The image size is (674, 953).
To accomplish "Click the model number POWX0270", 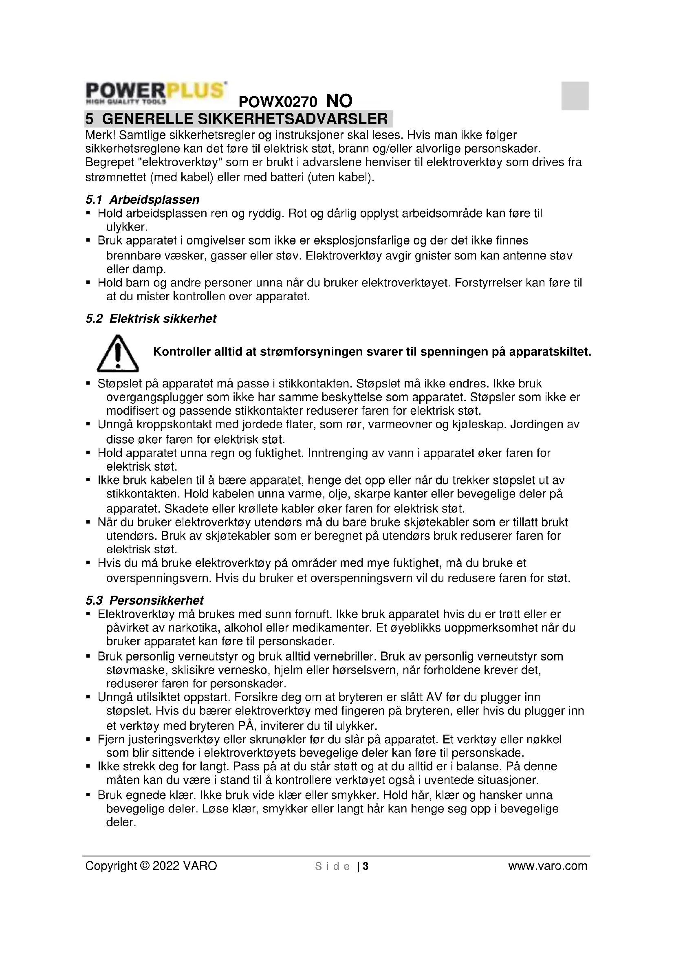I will point(278,102).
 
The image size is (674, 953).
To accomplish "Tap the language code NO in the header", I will point(339,101).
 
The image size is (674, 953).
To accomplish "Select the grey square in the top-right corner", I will point(575,96).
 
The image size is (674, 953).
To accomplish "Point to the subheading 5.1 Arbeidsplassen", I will point(142,200).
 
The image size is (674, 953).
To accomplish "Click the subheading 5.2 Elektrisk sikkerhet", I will point(151,319).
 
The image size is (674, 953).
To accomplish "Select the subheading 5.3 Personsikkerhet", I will point(144,601).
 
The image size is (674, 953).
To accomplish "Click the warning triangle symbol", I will point(118,354).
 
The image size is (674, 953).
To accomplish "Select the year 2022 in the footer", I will point(166,866).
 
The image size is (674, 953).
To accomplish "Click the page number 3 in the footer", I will point(366,866).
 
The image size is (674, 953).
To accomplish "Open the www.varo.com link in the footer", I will point(547,866).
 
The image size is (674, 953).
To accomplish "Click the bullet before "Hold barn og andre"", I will point(88,283).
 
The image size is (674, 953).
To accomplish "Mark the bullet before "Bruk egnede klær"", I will point(88,795).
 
